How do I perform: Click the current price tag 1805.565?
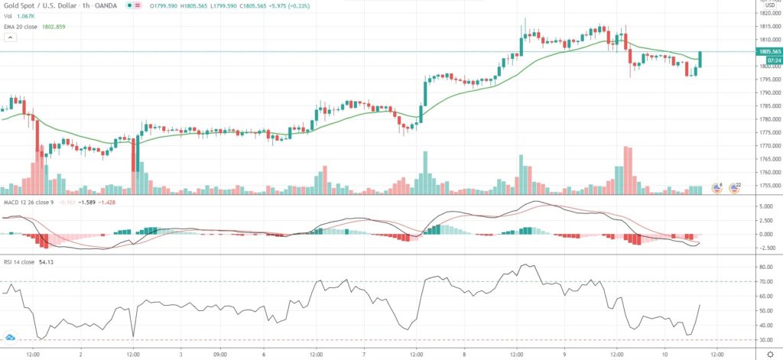(767, 51)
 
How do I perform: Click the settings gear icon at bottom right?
(769, 353)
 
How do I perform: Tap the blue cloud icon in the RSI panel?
(11, 336)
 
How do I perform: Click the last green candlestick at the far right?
(700, 59)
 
